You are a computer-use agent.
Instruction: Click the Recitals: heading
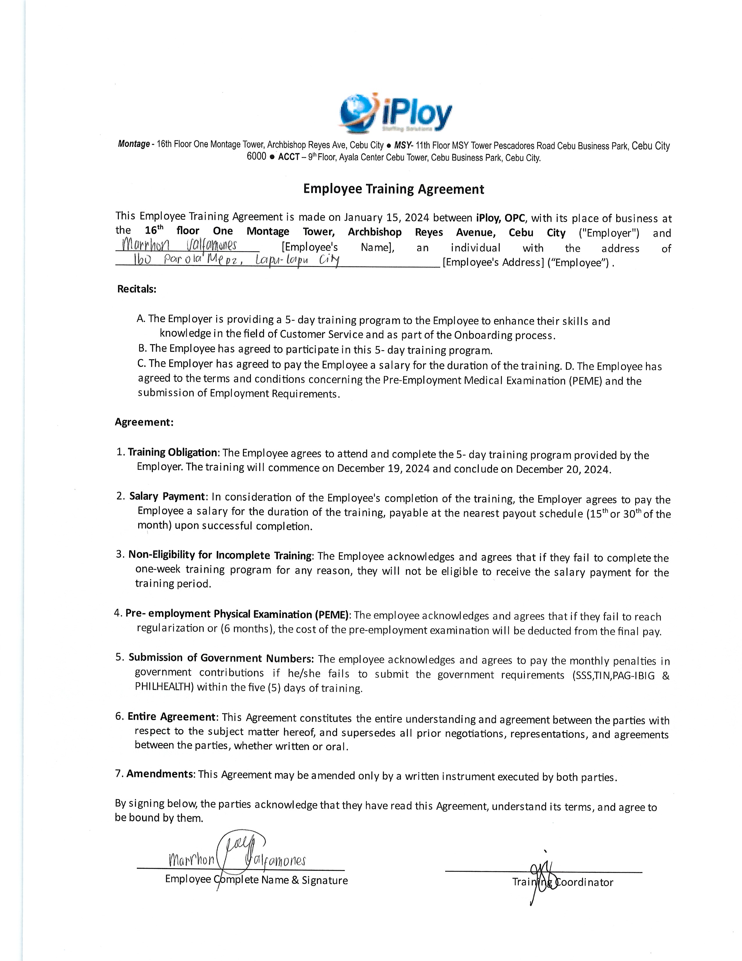click(137, 289)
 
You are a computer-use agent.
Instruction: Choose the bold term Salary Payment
click(167, 496)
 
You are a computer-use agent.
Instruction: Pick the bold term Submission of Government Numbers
click(221, 658)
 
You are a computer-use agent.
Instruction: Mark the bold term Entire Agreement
click(171, 717)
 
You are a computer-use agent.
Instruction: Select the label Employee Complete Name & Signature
click(256, 880)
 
